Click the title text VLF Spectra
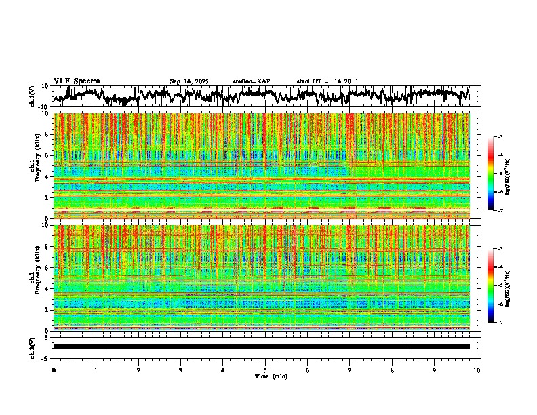tap(77, 81)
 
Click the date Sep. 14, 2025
tap(189, 81)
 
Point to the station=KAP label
tap(251, 81)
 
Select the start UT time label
tap(327, 81)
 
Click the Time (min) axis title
tap(271, 376)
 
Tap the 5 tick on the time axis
tap(265, 370)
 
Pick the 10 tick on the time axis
tap(477, 370)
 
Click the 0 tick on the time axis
tap(54, 370)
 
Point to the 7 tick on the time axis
tap(350, 370)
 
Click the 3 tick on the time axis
tap(180, 370)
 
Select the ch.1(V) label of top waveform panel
tap(32, 96)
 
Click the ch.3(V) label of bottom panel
tap(32, 347)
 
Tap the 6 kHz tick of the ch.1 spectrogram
tap(47, 155)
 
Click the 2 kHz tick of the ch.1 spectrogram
tap(47, 198)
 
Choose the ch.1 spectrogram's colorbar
tap(498, 174)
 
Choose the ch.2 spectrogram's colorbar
tap(498, 285)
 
